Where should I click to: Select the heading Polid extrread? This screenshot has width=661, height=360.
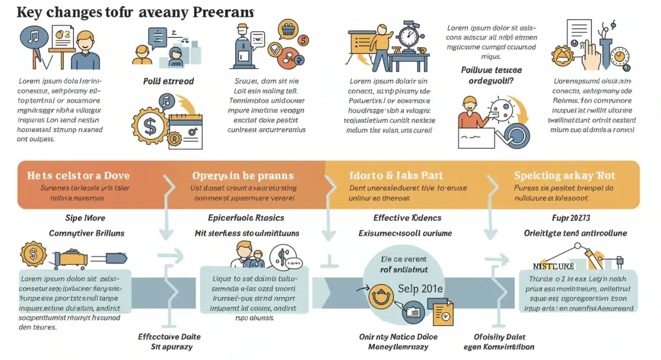168,81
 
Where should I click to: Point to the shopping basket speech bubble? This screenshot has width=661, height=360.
289,29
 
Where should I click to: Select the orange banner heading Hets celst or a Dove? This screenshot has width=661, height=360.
78,176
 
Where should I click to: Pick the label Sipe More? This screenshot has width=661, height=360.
85,217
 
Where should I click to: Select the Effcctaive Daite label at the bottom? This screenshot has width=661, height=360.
169,336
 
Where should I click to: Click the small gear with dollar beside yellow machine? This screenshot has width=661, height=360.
32,254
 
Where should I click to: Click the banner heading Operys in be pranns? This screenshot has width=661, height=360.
242,176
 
